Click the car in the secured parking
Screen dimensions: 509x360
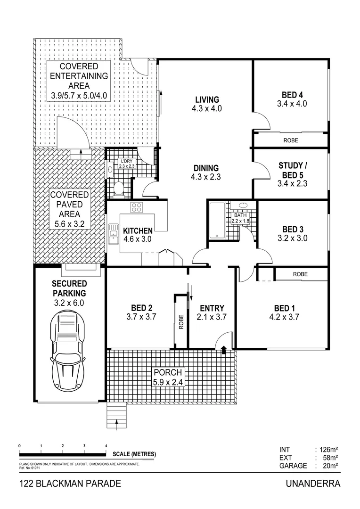click(x=68, y=350)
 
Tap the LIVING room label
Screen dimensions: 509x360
click(x=207, y=100)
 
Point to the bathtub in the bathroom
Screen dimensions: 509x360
click(x=217, y=221)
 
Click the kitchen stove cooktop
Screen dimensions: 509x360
click(x=137, y=207)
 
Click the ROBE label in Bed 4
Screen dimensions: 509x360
click(x=290, y=140)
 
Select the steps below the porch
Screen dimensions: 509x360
click(x=117, y=417)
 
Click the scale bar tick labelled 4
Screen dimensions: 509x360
click(x=106, y=445)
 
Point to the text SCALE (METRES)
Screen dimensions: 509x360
click(x=134, y=454)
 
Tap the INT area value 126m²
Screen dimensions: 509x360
click(x=327, y=450)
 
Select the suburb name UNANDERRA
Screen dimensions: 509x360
click(x=312, y=484)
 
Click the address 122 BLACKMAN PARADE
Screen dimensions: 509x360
click(x=70, y=484)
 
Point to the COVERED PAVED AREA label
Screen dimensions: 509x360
click(x=69, y=209)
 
